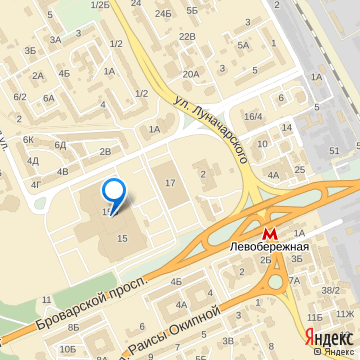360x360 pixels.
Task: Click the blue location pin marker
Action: pyautogui.click(x=114, y=192)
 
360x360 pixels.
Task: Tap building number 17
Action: pyautogui.click(x=170, y=182)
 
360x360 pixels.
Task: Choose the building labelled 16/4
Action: pyautogui.click(x=253, y=117)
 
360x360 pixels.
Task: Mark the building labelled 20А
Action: pyautogui.click(x=190, y=74)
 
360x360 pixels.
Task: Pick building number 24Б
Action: pyautogui.click(x=163, y=16)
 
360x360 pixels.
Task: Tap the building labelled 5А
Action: pyautogui.click(x=243, y=45)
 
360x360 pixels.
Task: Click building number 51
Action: pyautogui.click(x=334, y=149)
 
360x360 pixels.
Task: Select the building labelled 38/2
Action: pyautogui.click(x=329, y=290)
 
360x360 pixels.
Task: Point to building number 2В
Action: pyautogui.click(x=105, y=151)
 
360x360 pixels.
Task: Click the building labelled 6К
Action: pyautogui.click(x=28, y=139)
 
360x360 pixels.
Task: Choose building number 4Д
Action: pyautogui.click(x=33, y=160)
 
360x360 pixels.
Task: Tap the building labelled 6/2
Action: pyautogui.click(x=20, y=96)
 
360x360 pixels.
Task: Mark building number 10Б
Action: pyautogui.click(x=67, y=348)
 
